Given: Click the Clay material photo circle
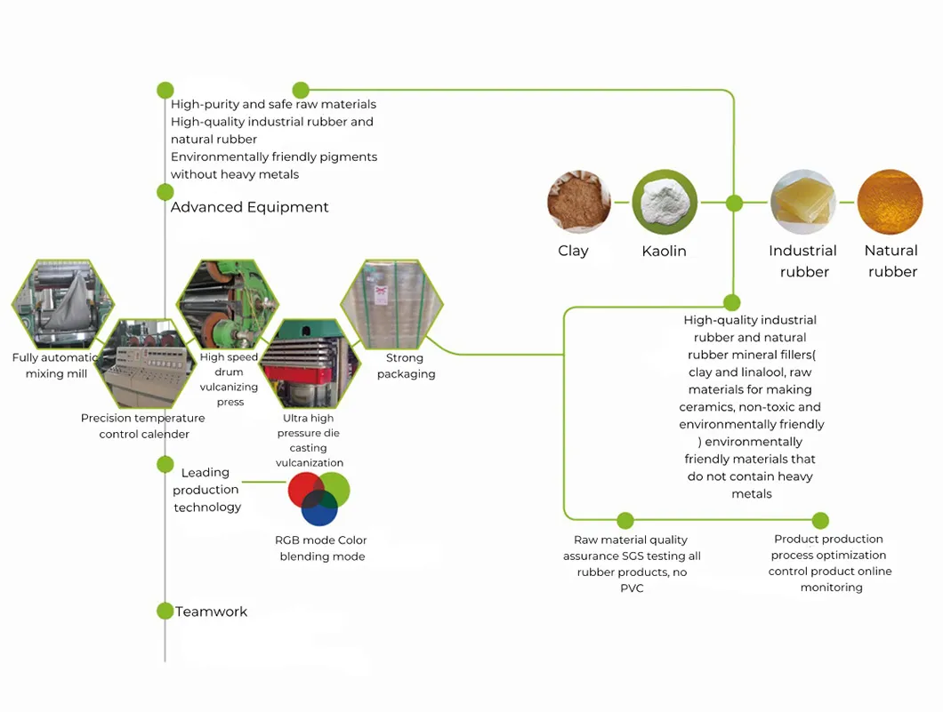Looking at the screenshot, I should [x=579, y=203].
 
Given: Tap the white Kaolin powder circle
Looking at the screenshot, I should [x=664, y=203].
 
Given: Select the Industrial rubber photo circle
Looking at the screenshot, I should [x=802, y=203].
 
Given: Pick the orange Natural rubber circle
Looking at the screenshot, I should [x=890, y=203].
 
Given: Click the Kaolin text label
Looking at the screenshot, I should [x=664, y=252].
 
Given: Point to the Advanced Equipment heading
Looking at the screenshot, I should [x=249, y=207].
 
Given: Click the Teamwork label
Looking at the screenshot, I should [x=212, y=612].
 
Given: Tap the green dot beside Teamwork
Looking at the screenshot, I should [x=165, y=611].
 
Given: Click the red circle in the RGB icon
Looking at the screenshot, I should [x=305, y=491].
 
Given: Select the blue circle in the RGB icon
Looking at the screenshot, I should [x=319, y=509].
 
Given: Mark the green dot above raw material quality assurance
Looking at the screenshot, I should [x=625, y=521].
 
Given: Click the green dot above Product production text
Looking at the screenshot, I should [x=820, y=521].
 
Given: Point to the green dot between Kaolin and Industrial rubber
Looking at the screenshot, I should [x=734, y=204].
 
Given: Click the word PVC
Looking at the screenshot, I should [x=632, y=588].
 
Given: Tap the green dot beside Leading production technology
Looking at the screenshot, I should [x=165, y=464].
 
